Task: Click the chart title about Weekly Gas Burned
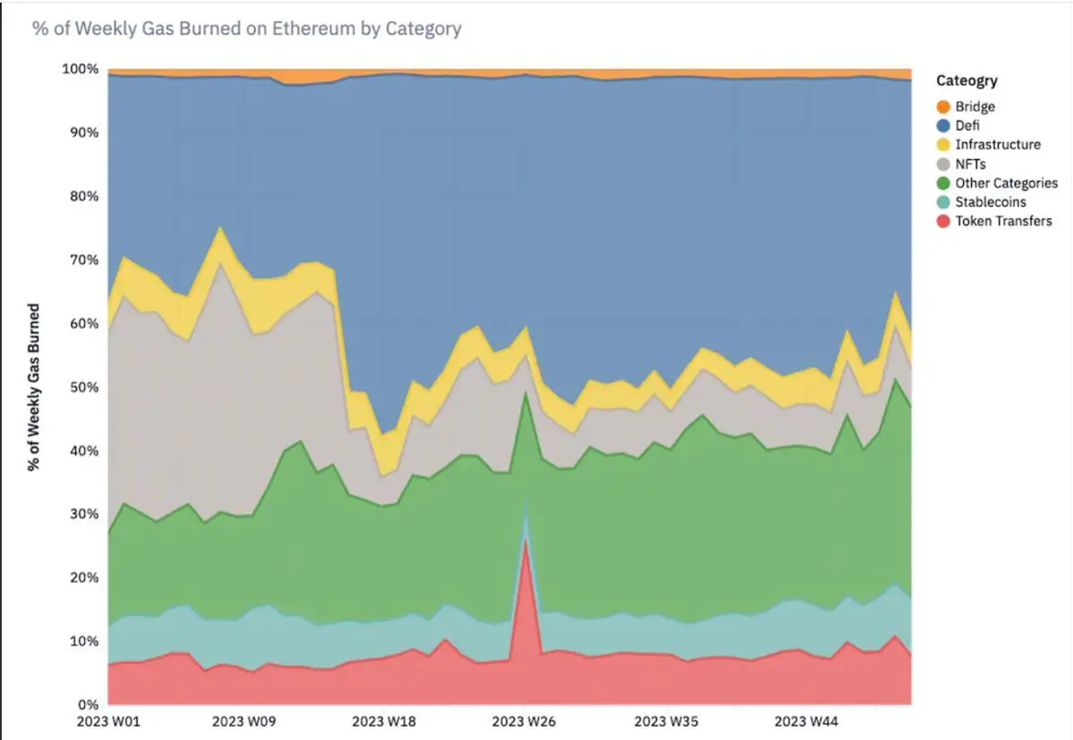point(247,29)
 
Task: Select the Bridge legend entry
point(975,107)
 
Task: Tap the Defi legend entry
point(967,126)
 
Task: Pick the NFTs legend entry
point(970,164)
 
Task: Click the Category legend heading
point(967,81)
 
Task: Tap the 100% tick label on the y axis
point(80,70)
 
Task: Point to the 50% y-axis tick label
point(84,387)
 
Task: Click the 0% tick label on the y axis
point(88,704)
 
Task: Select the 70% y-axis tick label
point(84,260)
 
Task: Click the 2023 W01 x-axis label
point(108,721)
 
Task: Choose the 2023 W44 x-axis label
point(807,721)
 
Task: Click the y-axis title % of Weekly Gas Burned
point(34,387)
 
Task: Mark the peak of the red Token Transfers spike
point(527,539)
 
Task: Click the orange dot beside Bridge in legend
point(942,107)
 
